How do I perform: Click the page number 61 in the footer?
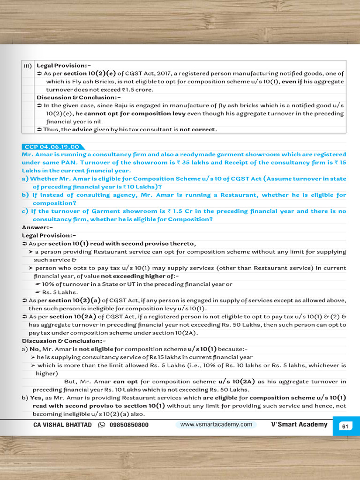tap(345, 427)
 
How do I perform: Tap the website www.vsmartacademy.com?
tap(216, 425)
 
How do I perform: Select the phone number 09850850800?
tap(128, 425)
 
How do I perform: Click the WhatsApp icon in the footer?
tap(101, 425)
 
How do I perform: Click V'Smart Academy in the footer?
tap(299, 425)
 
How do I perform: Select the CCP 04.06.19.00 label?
tap(51, 147)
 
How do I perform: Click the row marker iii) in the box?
tap(28, 66)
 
